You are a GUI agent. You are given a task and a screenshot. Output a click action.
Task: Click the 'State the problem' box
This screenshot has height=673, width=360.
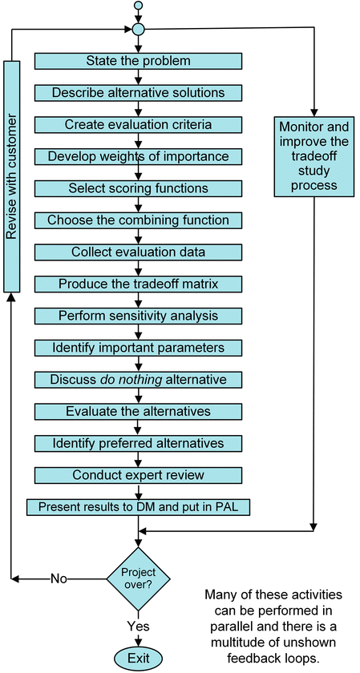point(138,61)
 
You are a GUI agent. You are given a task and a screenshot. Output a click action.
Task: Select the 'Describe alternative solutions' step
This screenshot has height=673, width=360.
point(138,92)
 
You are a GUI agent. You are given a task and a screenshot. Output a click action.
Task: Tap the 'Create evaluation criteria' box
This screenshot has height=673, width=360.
point(138,124)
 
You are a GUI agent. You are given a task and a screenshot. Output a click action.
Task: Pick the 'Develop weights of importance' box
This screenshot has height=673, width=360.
point(138,156)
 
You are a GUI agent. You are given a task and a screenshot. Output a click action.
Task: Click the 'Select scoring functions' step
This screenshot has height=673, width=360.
point(138,188)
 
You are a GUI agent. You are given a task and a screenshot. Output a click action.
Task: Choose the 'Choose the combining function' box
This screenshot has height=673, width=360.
point(138,220)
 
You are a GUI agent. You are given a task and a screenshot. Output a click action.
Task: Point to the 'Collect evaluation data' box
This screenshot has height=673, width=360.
point(138,252)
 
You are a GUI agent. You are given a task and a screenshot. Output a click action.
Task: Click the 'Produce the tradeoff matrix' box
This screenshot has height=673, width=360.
point(138,284)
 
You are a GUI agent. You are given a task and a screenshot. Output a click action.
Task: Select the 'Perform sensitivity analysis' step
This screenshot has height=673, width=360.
point(138,316)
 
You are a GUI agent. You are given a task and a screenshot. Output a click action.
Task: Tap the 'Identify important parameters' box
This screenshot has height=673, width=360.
point(138,348)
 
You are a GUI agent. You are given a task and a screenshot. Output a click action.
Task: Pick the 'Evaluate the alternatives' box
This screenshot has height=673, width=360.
point(138,411)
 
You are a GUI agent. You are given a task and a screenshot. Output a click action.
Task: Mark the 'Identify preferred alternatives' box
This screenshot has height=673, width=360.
point(138,443)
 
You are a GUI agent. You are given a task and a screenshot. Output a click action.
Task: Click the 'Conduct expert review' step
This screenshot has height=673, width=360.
point(138,475)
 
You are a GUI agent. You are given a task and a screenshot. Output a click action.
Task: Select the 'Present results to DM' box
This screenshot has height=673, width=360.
point(138,507)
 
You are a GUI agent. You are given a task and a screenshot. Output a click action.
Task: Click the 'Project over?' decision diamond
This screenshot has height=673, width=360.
point(138,577)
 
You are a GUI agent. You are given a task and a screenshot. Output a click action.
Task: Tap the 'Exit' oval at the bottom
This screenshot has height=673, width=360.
point(138,658)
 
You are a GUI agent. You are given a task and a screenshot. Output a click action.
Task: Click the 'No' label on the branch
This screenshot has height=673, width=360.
point(59,578)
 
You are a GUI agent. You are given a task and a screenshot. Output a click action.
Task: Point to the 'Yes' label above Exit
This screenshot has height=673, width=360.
point(138,625)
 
